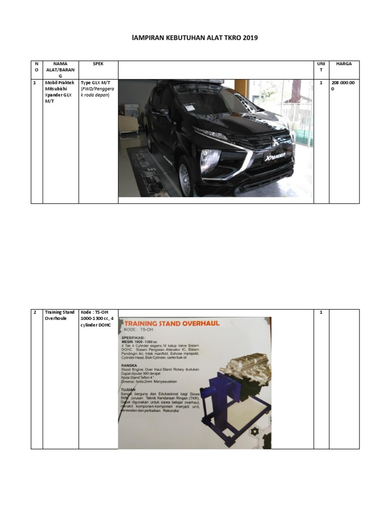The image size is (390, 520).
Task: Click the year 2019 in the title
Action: pyautogui.click(x=243, y=38)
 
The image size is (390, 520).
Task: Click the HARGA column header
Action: pyautogui.click(x=344, y=64)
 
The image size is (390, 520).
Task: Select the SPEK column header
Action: pyautogui.click(x=98, y=64)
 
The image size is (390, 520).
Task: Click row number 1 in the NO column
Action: pyautogui.click(x=34, y=82)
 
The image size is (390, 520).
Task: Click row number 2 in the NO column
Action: pyautogui.click(x=35, y=312)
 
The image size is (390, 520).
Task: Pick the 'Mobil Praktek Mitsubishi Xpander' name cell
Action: pyautogui.click(x=60, y=92)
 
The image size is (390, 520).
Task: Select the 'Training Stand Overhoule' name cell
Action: pyautogui.click(x=59, y=315)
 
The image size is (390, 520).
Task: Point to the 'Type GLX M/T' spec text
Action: pyautogui.click(x=94, y=82)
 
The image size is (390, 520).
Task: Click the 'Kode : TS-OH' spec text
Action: pyautogui.click(x=95, y=312)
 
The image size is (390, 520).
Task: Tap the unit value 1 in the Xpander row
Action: pyautogui.click(x=321, y=82)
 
